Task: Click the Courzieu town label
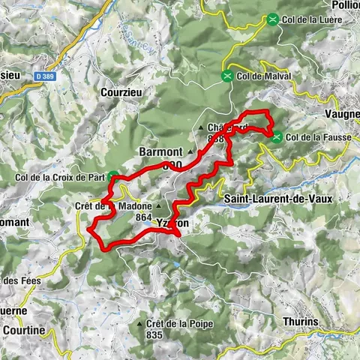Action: pyautogui.click(x=121, y=92)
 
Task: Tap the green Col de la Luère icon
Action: pyautogui.click(x=273, y=20)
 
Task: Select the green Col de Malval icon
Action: pyautogui.click(x=227, y=75)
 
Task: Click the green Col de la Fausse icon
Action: pyautogui.click(x=277, y=136)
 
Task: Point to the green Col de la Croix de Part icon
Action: pyautogui.click(x=112, y=177)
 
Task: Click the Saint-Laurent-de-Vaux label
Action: pyautogui.click(x=268, y=198)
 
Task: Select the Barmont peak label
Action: pyautogui.click(x=160, y=151)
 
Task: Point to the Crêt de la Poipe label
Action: pyautogui.click(x=180, y=324)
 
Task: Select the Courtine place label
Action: pyautogui.click(x=22, y=330)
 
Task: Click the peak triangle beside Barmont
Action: pyautogui.click(x=190, y=152)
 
